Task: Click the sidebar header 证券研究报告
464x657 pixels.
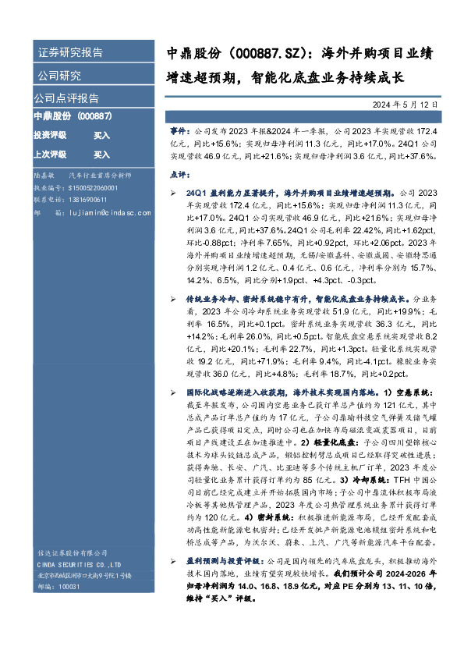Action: (x=69, y=53)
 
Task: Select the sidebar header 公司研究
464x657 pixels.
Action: (x=58, y=76)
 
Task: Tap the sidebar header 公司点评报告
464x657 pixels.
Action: (x=66, y=99)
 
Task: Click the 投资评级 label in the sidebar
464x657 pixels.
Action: (x=50, y=135)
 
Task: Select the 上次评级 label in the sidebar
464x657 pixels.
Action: (x=50, y=154)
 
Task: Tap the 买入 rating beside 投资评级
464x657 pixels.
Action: (x=101, y=135)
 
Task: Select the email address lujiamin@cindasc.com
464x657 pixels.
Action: (x=97, y=211)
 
